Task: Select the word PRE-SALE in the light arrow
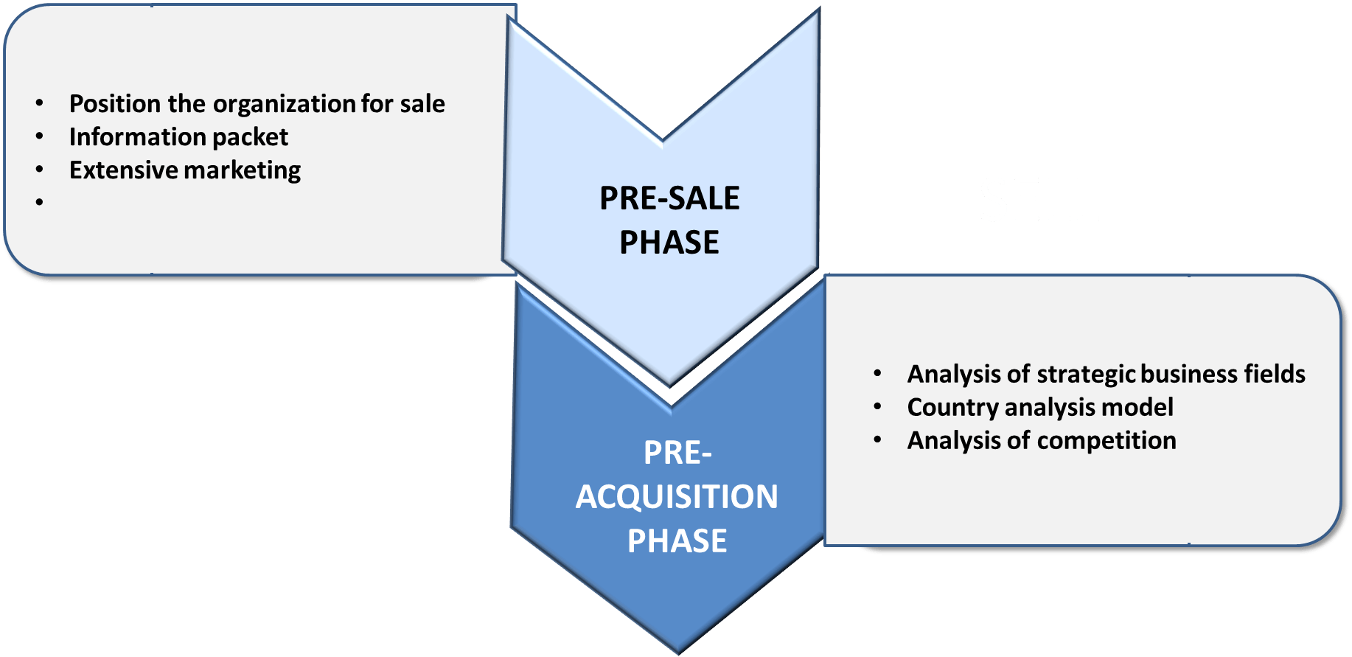tap(669, 198)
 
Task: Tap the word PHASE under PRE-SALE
tap(669, 243)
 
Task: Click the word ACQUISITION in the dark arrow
tap(677, 497)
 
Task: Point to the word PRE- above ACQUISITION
tap(677, 453)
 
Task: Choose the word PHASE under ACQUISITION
tap(677, 541)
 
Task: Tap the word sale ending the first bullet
tap(422, 104)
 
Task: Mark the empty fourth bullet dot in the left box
tap(40, 201)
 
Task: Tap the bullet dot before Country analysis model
tap(877, 406)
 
